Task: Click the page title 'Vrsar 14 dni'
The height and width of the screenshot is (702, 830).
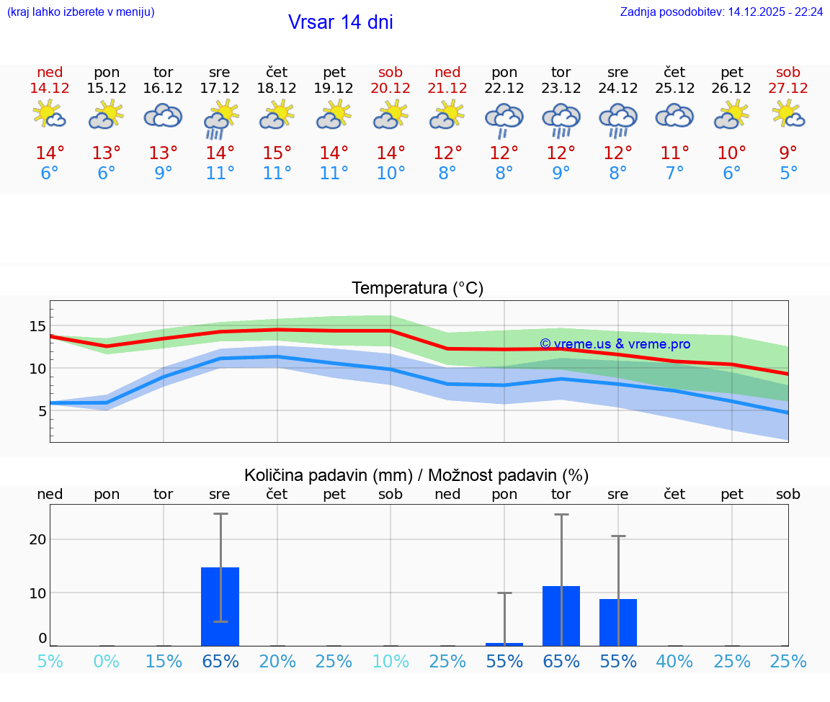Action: click(x=340, y=22)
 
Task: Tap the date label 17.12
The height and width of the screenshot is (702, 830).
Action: click(x=220, y=88)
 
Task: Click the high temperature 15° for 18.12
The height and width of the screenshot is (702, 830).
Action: click(x=277, y=153)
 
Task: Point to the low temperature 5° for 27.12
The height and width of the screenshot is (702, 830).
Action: click(x=788, y=174)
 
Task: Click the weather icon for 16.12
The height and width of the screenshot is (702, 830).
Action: click(x=163, y=116)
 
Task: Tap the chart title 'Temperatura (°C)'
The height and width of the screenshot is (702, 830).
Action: click(x=417, y=289)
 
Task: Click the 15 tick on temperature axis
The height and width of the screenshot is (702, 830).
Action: click(x=37, y=326)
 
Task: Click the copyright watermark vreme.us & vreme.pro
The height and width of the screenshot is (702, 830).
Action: click(x=615, y=344)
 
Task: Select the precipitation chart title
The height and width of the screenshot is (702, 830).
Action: click(x=416, y=475)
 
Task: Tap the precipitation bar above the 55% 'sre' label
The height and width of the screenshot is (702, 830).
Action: click(x=617, y=622)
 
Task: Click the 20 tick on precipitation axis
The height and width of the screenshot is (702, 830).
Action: click(x=37, y=539)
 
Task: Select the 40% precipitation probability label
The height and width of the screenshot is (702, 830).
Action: click(x=674, y=661)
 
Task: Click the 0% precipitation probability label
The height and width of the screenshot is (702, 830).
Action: click(x=106, y=661)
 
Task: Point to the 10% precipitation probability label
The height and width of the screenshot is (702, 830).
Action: click(x=391, y=661)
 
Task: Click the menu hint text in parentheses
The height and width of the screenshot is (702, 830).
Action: click(x=81, y=12)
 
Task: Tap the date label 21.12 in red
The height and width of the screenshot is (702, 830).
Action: click(x=447, y=88)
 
